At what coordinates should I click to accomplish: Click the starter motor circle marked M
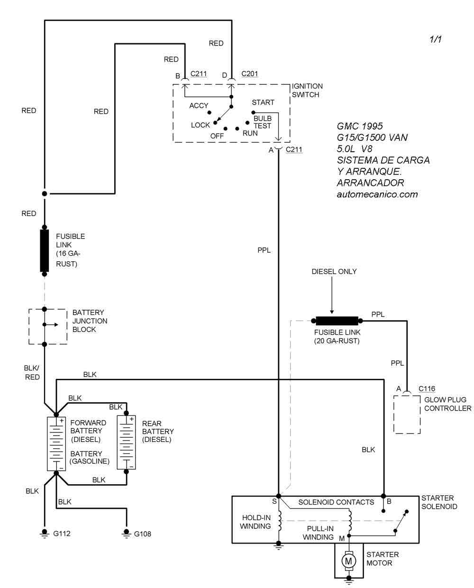349,561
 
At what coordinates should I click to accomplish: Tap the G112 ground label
62,533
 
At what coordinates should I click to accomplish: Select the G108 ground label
143,533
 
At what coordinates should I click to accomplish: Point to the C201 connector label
250,74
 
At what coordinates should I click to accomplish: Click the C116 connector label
427,389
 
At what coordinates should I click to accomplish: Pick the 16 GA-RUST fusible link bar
45,250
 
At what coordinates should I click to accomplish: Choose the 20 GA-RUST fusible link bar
337,321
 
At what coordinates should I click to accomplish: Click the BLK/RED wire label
32,372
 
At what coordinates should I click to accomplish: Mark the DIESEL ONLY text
334,272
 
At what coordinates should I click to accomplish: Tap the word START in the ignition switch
263,102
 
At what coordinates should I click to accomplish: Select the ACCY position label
199,106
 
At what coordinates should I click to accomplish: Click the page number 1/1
436,39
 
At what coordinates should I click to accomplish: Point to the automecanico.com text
377,194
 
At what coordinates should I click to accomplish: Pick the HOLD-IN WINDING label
255,522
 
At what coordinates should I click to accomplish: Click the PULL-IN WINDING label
318,533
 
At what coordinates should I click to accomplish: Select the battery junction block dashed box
48,326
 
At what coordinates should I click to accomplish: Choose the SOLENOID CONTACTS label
336,502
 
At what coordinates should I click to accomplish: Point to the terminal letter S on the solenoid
274,501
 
